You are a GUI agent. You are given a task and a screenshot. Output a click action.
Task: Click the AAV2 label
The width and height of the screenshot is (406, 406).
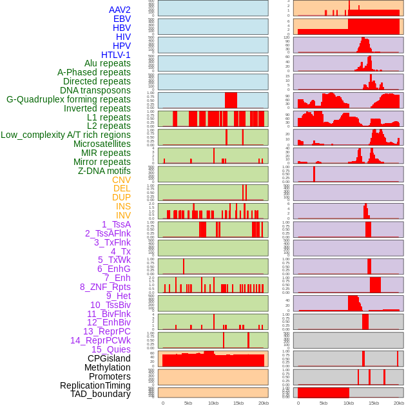[120, 10]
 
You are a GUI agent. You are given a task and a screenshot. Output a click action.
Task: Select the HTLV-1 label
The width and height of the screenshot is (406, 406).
[116, 55]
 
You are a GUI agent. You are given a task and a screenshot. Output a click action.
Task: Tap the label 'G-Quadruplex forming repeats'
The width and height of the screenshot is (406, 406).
[68, 99]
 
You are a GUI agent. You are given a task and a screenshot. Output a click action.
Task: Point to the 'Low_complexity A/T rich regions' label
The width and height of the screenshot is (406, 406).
[66, 135]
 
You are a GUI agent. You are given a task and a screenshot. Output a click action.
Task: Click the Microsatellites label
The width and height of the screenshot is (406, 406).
[102, 144]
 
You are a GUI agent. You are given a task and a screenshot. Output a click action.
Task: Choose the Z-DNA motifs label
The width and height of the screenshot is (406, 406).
[104, 171]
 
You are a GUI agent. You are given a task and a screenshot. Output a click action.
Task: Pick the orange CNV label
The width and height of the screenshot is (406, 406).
[121, 180]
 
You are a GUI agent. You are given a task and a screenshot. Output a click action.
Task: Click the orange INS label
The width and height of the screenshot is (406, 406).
[123, 206]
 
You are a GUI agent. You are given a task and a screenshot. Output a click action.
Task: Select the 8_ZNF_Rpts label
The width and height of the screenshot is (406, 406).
[105, 287]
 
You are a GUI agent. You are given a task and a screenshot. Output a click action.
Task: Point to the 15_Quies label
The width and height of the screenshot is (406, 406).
[111, 349]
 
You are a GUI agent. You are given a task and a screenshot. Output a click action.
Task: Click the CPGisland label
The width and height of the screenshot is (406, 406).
[109, 358]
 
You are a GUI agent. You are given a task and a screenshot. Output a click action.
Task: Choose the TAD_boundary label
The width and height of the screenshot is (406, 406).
[101, 394]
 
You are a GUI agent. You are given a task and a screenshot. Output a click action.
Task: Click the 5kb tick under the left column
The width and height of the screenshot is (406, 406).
[188, 403]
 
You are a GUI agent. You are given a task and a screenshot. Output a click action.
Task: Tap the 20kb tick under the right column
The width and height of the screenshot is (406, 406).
[399, 403]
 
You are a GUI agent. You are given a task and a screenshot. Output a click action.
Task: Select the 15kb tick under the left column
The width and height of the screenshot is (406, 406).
[238, 403]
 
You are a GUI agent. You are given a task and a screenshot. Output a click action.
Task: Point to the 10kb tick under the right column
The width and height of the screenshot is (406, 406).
[349, 403]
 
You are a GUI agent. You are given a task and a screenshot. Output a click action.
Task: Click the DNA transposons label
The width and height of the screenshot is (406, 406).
[95, 90]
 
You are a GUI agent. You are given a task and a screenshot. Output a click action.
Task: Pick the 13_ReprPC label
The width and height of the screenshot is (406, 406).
[107, 331]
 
